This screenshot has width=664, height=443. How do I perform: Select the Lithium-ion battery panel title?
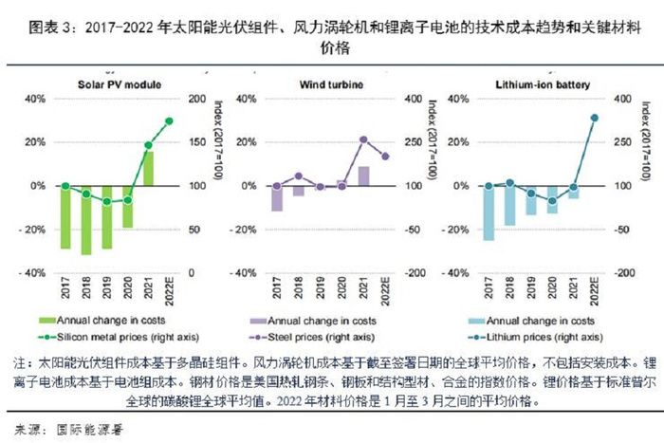(x=544, y=84)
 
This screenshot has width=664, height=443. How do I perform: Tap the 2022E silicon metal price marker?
(x=169, y=120)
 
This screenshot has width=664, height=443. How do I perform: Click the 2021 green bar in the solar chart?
(x=149, y=168)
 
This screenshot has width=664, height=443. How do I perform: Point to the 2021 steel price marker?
(x=364, y=139)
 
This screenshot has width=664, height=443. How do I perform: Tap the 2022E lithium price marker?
(x=595, y=118)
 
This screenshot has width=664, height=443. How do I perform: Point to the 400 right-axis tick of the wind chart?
(x=411, y=99)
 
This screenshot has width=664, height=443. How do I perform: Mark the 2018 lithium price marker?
(x=509, y=182)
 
